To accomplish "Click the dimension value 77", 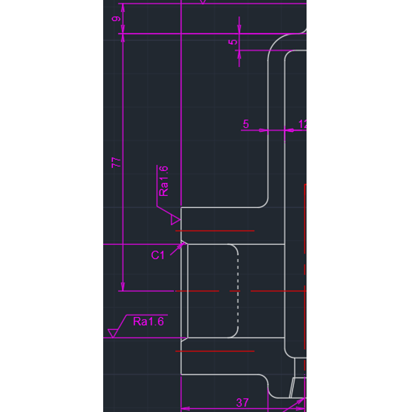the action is pos(116,163).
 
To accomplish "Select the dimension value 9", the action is pos(116,19).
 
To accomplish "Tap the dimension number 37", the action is pos(243,402).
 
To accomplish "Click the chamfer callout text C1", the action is pos(158,255).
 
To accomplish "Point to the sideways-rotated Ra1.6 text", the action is pos(163,181).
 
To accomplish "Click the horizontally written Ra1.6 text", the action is pos(148,322).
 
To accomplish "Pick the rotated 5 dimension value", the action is pos(233,41).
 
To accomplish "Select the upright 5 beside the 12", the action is pos(246,124).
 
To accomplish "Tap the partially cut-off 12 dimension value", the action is pos(302,124).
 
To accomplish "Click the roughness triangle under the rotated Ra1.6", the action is pos(175,220).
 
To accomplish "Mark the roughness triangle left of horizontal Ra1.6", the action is pos(113,333).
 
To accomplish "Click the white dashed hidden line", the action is pos(238,291).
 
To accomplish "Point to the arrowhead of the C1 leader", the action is pos(182,246).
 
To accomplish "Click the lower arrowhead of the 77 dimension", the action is pos(123,287).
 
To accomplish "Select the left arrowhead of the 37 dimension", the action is pos(185,408).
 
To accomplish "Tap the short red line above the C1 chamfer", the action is pos(215,230).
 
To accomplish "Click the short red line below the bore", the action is pos(215,351).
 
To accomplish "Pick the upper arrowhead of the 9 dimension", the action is pos(123,8).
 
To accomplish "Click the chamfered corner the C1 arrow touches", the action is pos(185,243).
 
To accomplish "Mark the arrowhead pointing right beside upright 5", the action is pos(264,130).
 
